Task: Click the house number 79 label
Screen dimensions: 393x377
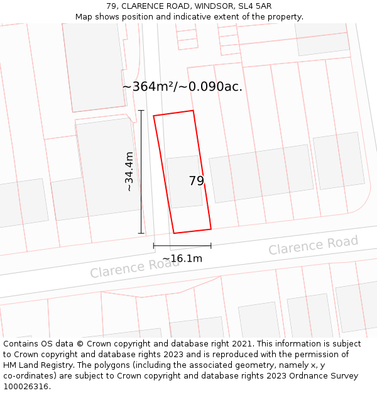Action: (196, 181)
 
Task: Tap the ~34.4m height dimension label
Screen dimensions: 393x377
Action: (129, 172)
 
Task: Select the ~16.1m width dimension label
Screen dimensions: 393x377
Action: (182, 258)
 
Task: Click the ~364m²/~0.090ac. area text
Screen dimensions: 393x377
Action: (182, 87)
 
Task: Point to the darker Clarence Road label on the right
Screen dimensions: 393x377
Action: (313, 245)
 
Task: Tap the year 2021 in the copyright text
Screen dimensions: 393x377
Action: (242, 344)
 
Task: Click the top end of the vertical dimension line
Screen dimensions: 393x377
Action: (141, 111)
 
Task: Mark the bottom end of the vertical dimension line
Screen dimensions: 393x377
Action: (141, 233)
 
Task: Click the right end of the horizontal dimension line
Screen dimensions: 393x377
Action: (210, 245)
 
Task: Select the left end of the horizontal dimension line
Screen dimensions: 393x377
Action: (153, 245)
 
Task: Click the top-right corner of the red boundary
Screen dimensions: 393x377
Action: (193, 111)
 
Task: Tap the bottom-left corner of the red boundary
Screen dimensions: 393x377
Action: (174, 233)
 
